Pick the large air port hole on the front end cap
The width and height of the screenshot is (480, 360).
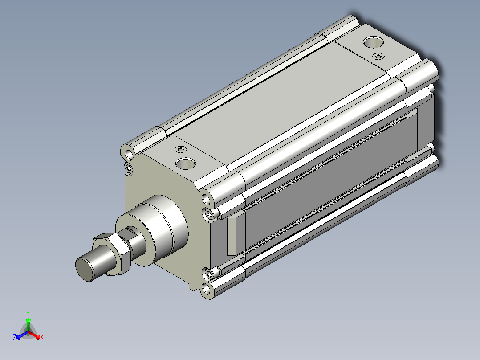[x=186, y=164]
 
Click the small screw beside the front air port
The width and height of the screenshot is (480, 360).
[x=181, y=150]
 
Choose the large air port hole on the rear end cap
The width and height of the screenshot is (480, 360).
[x=374, y=42]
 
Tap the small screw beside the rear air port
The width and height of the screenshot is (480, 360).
[x=378, y=56]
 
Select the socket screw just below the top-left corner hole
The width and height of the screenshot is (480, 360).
[x=129, y=168]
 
